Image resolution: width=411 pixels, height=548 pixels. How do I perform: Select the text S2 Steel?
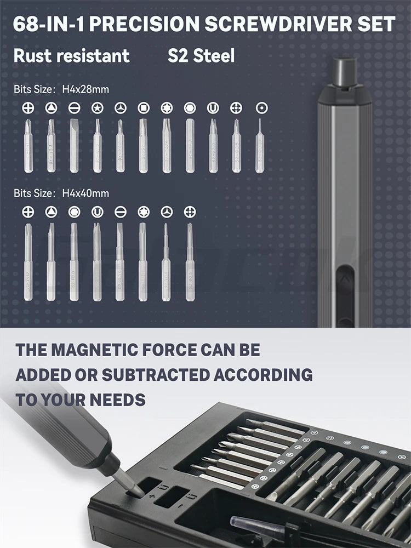pyautogui.click(x=201, y=55)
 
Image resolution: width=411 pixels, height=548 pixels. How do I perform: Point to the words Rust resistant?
pyautogui.click(x=71, y=55)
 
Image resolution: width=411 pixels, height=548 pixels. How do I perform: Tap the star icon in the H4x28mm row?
pyautogui.click(x=98, y=108)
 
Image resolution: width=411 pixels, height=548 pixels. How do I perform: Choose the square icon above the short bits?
pyautogui.click(x=144, y=108)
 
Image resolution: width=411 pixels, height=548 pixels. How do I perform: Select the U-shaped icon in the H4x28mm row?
pyautogui.click(x=213, y=108)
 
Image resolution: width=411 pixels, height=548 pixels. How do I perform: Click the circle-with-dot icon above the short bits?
pyautogui.click(x=262, y=108)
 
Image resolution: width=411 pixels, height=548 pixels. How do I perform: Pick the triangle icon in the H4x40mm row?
pyautogui.click(x=51, y=212)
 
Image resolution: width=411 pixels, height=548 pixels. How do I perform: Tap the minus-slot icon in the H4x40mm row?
pyautogui.click(x=121, y=212)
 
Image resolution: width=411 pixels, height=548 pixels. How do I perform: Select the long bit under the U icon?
pyautogui.click(x=97, y=261)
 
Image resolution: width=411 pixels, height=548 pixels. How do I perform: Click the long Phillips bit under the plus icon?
pyautogui.click(x=28, y=261)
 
